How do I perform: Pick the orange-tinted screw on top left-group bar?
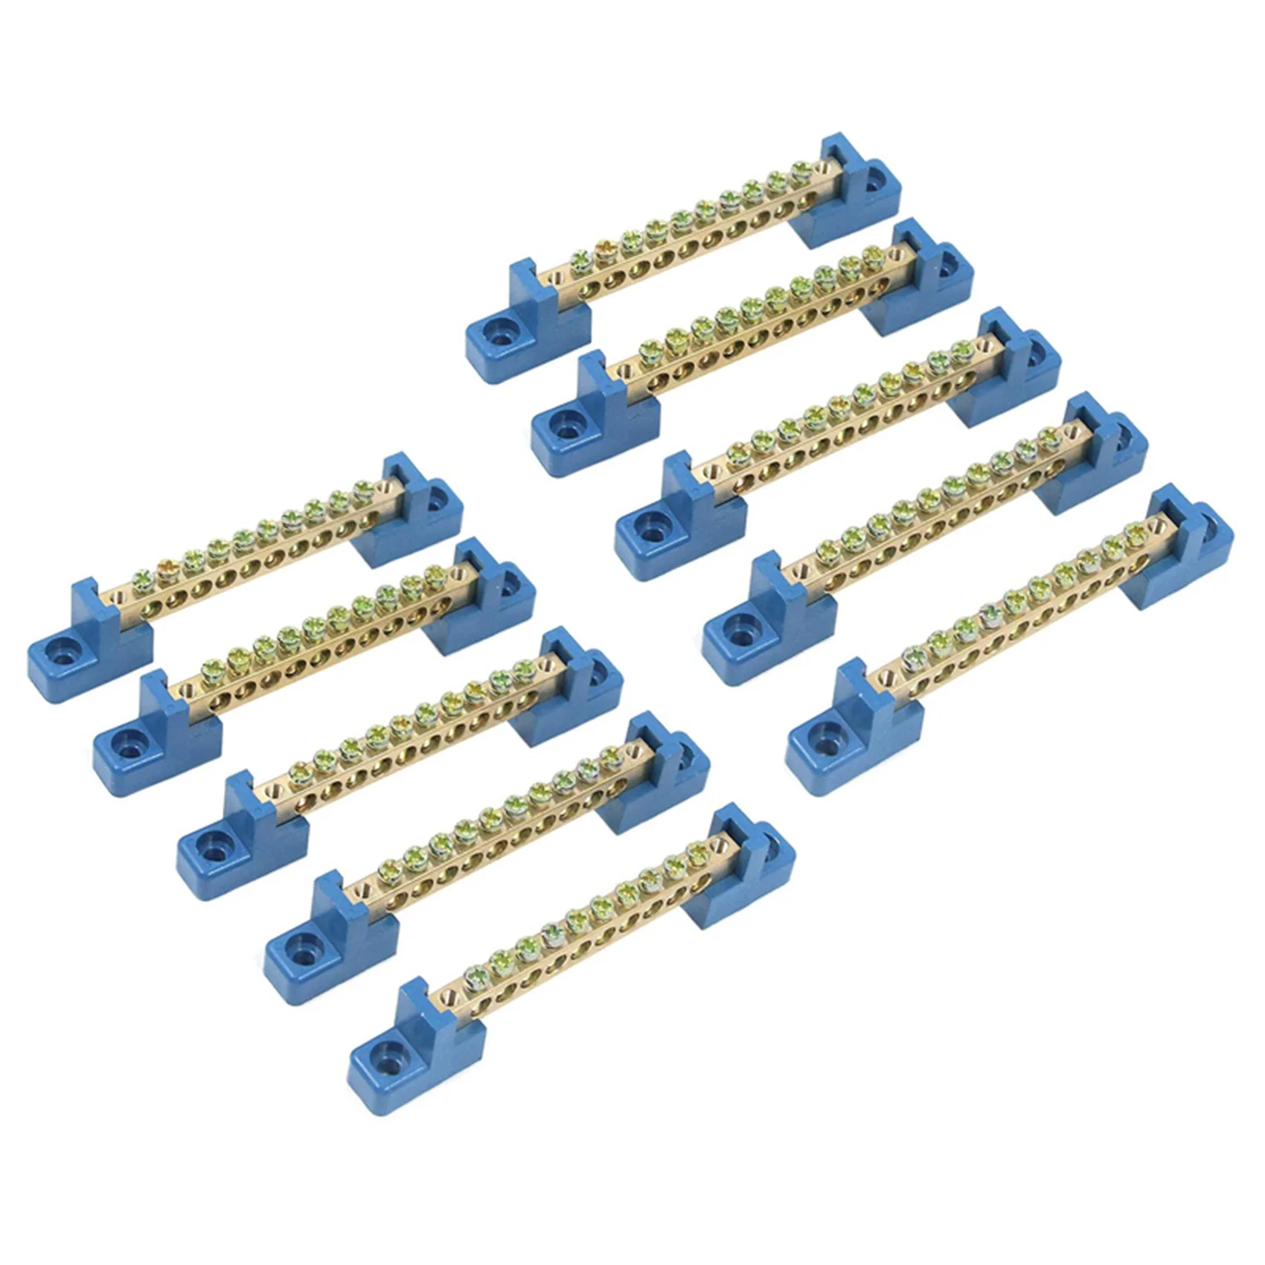166,573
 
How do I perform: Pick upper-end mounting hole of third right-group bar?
1037,350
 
